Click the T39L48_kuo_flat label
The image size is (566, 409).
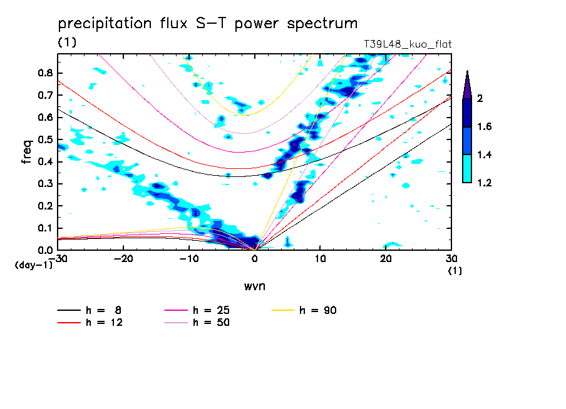click(408, 44)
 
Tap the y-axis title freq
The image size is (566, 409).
click(27, 151)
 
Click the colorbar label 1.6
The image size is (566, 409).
click(485, 126)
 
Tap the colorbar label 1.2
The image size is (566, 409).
click(485, 183)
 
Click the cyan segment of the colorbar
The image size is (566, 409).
click(467, 168)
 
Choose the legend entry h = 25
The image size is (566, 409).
click(211, 310)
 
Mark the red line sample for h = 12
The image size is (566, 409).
click(69, 323)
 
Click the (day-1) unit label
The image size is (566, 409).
click(34, 265)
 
